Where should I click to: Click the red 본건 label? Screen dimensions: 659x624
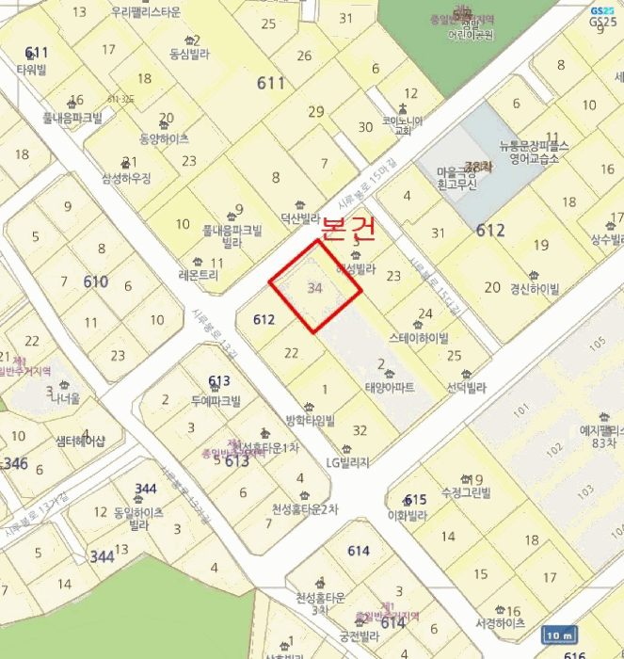coord(348,228)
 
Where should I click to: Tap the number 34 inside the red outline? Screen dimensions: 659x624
coord(315,288)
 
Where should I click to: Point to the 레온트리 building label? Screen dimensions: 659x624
coord(198,276)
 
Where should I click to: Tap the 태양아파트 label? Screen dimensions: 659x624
coord(389,385)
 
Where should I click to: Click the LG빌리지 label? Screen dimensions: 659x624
coord(347,461)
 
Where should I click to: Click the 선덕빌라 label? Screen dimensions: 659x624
coord(466,387)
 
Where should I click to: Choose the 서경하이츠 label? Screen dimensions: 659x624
coord(501,623)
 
